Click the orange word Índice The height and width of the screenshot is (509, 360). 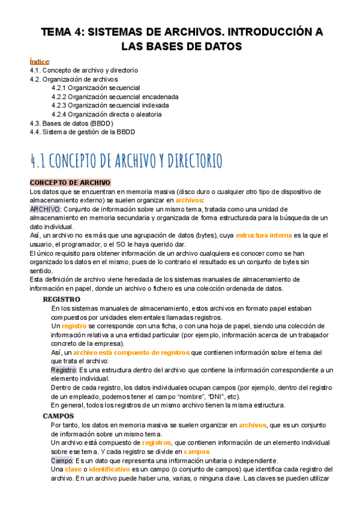[39, 62]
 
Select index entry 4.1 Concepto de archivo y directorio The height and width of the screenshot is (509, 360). [83, 70]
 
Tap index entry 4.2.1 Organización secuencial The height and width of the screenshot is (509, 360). [95, 88]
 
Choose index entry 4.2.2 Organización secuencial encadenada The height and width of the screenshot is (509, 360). [115, 97]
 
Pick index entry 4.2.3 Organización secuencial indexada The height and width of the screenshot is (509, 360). [110, 105]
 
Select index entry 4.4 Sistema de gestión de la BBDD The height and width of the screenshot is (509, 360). [82, 131]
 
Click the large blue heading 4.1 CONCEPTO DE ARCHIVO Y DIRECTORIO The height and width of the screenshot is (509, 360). [126, 161]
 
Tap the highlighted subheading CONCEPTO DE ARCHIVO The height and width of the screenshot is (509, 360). [70, 182]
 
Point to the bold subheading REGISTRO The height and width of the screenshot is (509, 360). [62, 299]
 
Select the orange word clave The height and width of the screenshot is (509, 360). [73, 469]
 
